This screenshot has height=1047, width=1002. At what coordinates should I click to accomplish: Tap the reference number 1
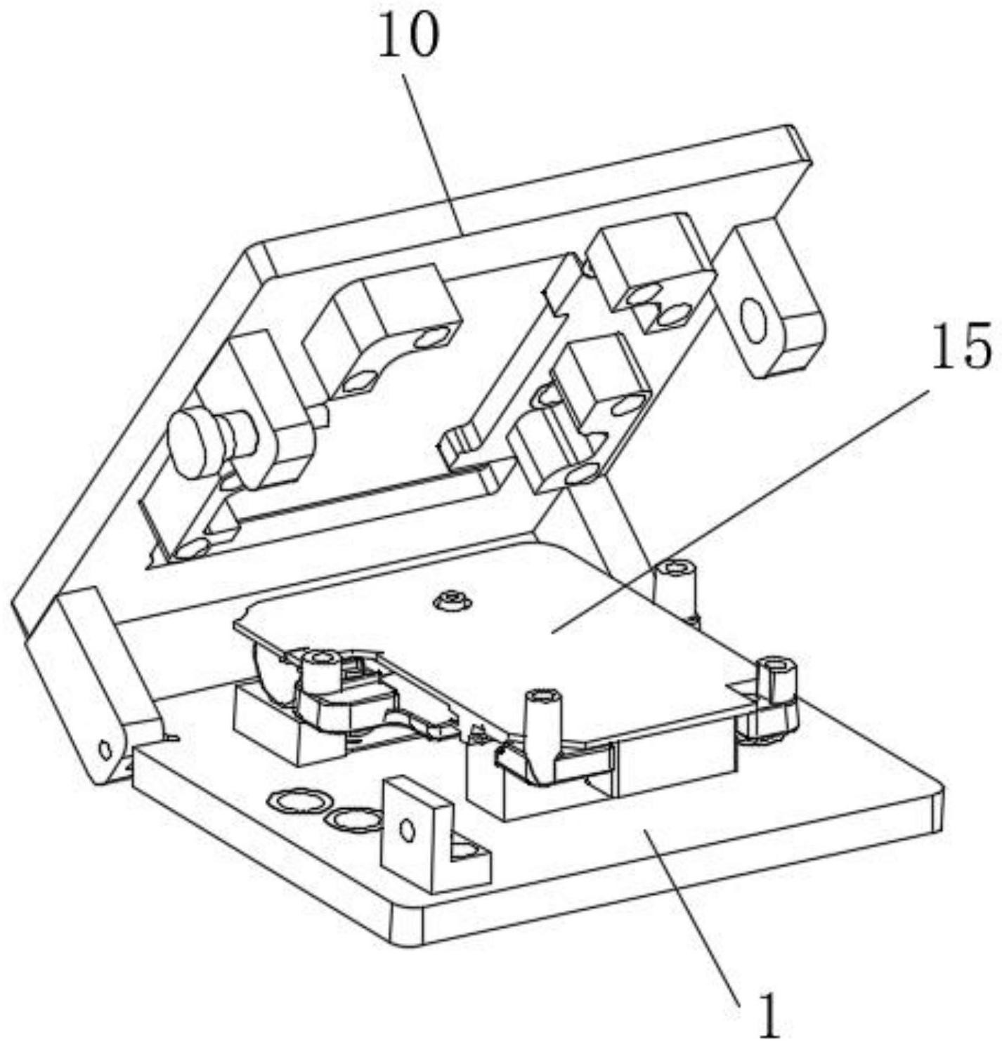769,1015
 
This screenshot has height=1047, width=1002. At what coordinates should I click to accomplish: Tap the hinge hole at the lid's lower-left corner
105,749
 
